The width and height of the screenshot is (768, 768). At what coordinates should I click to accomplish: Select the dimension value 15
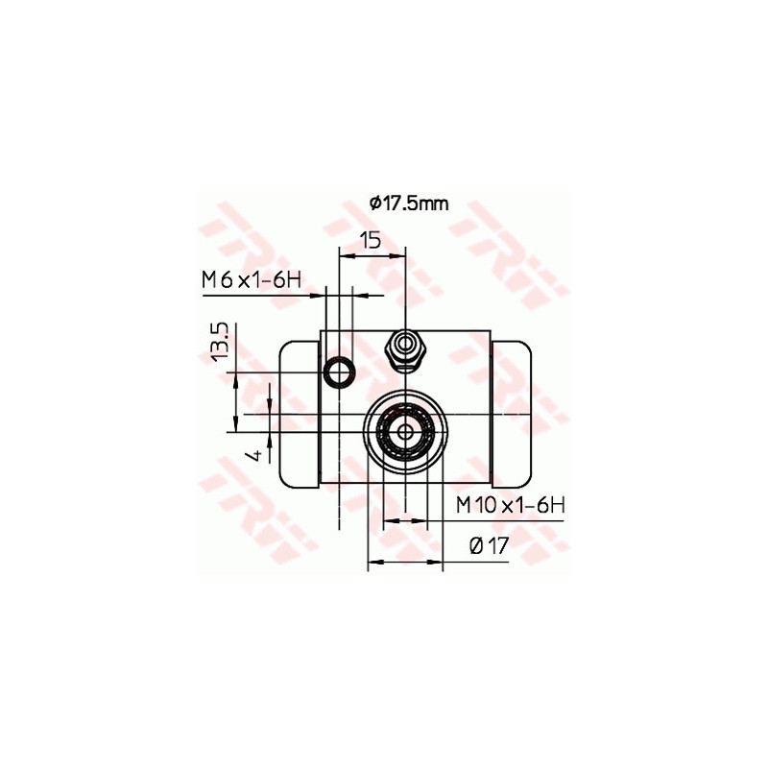click(x=372, y=240)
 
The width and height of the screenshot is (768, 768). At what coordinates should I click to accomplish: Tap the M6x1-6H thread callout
click(x=252, y=280)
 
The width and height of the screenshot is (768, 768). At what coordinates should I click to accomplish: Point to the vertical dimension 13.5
click(x=220, y=342)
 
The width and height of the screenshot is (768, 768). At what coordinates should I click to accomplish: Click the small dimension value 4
click(x=255, y=452)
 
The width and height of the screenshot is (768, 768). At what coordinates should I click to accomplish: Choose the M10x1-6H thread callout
click(x=510, y=505)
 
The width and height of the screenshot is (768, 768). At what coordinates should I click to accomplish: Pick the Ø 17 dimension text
click(x=489, y=546)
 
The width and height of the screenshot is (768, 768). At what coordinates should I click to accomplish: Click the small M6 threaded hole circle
click(x=338, y=372)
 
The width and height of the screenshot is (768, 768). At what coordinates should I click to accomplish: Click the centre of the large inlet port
click(x=405, y=431)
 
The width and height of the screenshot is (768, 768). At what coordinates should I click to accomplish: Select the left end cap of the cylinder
click(x=299, y=413)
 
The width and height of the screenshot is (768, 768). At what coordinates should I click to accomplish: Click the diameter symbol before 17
click(x=476, y=546)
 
